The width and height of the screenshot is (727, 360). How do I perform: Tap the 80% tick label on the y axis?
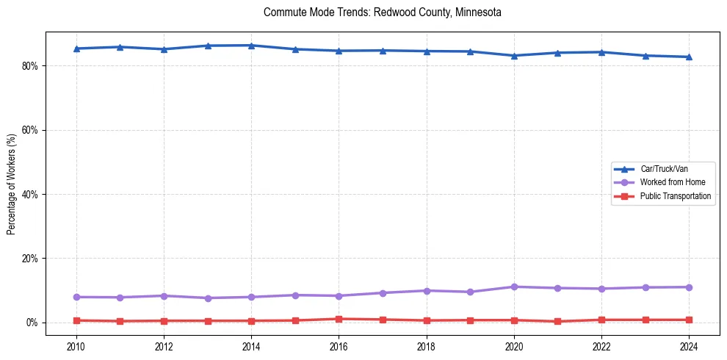[29, 66]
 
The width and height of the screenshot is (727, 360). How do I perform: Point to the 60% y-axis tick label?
[29, 130]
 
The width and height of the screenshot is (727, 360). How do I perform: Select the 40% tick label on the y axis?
[29, 195]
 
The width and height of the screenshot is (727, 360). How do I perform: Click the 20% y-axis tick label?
[29, 259]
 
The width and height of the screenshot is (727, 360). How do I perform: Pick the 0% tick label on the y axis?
[32, 323]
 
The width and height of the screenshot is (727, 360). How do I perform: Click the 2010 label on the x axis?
[76, 345]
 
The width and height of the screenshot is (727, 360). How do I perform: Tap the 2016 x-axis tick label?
[339, 345]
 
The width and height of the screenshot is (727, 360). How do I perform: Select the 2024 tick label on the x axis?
[689, 345]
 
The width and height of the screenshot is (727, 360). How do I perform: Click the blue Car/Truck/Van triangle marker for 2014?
[251, 46]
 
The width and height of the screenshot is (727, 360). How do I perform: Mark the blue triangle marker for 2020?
[514, 56]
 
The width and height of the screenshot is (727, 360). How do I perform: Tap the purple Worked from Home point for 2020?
[514, 287]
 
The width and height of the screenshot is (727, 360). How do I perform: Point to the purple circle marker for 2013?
[208, 298]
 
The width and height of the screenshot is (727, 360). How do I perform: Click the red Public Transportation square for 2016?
[339, 319]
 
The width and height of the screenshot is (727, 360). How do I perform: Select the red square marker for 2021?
[558, 321]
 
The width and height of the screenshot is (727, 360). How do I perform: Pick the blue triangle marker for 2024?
[689, 57]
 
